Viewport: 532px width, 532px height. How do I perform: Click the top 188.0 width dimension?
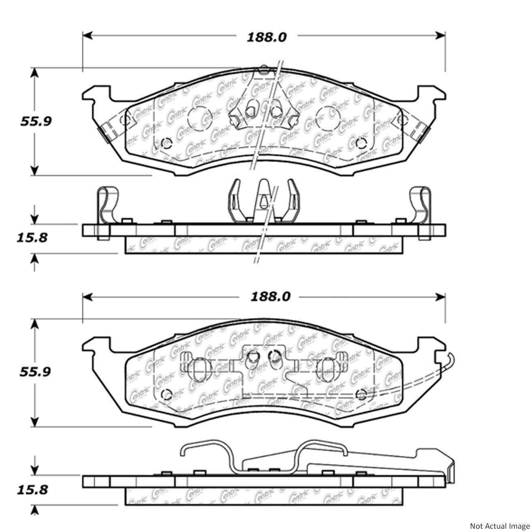pos(267,37)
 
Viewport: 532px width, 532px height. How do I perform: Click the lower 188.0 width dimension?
pos(270,297)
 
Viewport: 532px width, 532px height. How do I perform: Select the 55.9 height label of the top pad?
pos(36,121)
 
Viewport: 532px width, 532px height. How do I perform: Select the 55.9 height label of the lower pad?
pos(36,372)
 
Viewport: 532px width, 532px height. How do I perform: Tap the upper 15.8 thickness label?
pos(32,237)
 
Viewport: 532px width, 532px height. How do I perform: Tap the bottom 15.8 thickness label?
pos(32,490)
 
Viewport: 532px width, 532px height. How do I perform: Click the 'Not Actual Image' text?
pos(500,526)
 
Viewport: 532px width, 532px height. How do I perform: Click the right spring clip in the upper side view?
pos(420,205)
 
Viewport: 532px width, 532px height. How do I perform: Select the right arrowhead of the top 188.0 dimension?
pos(441,36)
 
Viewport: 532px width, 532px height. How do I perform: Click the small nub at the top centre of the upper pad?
pos(264,69)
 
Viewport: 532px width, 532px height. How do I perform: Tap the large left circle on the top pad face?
pos(198,119)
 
